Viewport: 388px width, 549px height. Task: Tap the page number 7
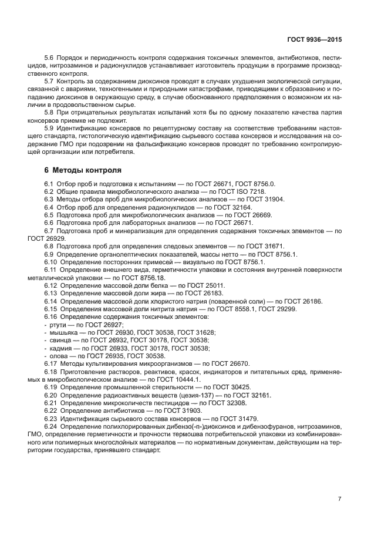[x=339, y=499]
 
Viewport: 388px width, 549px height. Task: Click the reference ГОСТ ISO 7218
[x=243, y=191]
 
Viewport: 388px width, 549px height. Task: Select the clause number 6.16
[x=51, y=316]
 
